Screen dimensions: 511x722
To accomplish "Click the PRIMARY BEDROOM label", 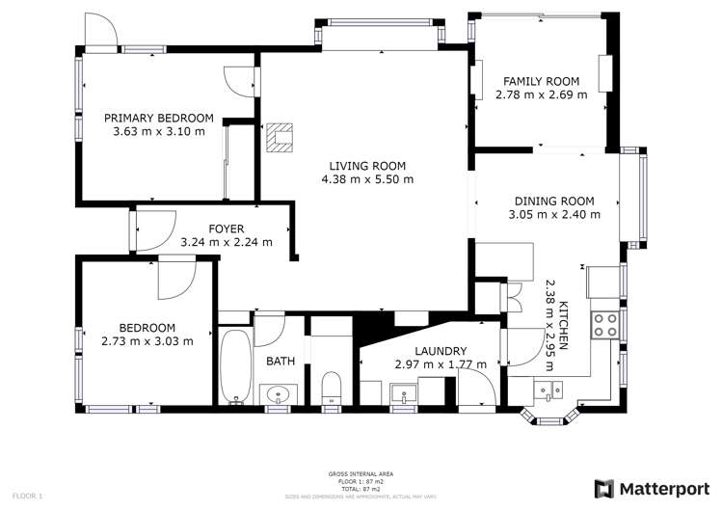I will (x=158, y=118).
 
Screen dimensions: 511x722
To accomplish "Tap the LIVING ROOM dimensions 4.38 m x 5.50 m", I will (x=367, y=178).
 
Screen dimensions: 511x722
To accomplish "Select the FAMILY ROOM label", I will (x=540, y=81).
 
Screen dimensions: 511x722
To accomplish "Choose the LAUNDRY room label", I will (x=441, y=351).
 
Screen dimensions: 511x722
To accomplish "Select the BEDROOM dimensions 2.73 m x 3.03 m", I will (x=147, y=339).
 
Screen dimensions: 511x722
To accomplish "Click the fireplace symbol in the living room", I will (x=281, y=139).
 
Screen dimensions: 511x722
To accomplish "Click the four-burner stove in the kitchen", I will (x=604, y=325).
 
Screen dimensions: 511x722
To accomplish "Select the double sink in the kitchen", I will (x=552, y=389).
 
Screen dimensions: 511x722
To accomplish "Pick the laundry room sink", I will (x=402, y=392).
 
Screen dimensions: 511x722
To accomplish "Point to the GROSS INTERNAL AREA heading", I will (x=360, y=473).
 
